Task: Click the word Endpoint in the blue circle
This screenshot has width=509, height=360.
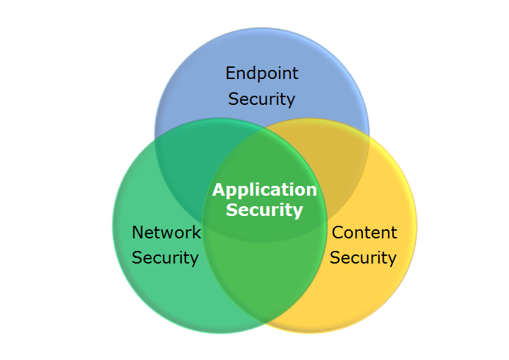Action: (261, 73)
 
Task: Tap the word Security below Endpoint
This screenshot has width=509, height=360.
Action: (261, 99)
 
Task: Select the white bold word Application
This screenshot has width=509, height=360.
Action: (264, 190)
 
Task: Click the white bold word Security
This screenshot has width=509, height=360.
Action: (264, 210)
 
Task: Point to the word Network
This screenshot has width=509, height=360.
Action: (166, 232)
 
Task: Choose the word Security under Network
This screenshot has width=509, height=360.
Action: (165, 257)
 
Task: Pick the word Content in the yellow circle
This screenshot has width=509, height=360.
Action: (364, 232)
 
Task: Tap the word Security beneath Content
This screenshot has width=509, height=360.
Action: (363, 257)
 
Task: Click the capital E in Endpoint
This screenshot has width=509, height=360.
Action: (230, 73)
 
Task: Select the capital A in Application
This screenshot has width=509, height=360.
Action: (219, 190)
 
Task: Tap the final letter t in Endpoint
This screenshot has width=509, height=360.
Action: (295, 73)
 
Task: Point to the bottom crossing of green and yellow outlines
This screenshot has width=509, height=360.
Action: (263, 323)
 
